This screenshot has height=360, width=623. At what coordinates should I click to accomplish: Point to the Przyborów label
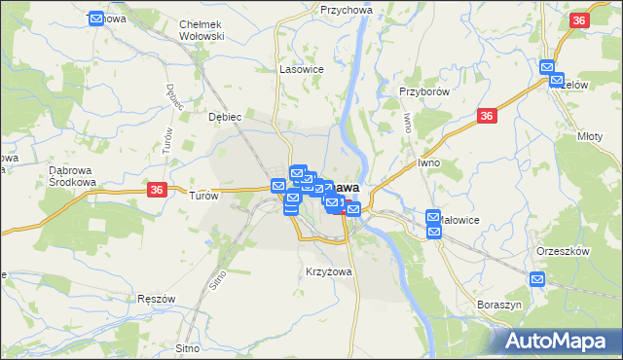423,91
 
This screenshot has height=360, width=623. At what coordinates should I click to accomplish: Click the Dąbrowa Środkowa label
70,175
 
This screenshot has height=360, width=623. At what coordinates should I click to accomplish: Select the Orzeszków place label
564,250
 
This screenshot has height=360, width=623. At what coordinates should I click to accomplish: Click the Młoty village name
590,136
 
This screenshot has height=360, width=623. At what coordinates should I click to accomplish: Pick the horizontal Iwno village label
429,162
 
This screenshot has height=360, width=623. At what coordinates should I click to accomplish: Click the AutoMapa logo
560,341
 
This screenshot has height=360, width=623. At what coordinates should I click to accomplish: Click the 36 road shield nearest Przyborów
488,116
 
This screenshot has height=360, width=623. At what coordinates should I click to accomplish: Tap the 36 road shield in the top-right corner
580,20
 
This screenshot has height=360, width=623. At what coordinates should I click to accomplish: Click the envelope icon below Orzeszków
537,279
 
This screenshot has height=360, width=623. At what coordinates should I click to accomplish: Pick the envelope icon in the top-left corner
96,18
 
